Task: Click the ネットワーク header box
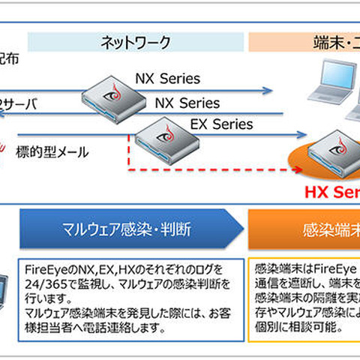[136, 43]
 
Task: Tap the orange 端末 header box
[304, 43]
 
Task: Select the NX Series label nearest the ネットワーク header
[166, 77]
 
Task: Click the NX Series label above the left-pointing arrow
[187, 103]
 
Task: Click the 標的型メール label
[52, 153]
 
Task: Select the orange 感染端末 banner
[304, 227]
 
